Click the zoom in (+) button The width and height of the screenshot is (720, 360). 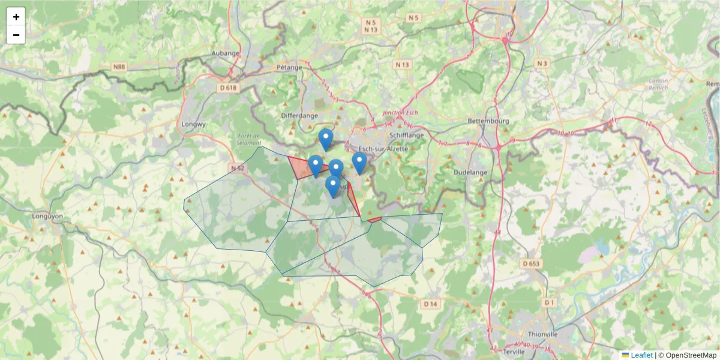pyautogui.click(x=16, y=17)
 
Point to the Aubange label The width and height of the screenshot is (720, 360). pyautogui.click(x=226, y=53)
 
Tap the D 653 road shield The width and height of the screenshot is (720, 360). pyautogui.click(x=531, y=263)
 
